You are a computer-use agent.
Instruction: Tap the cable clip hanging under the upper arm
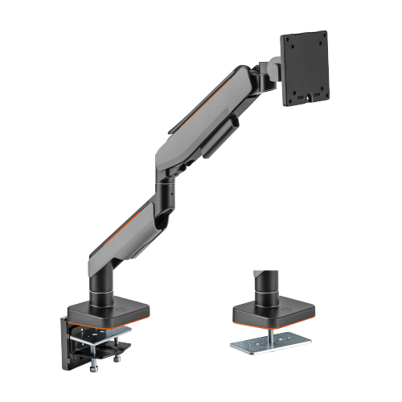(216, 146)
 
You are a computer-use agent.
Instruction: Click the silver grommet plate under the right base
(274, 347)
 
